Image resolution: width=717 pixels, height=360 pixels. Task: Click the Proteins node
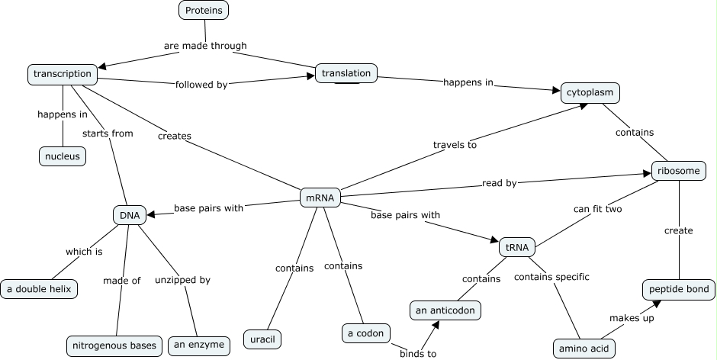click(204, 10)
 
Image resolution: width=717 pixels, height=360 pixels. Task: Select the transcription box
click(63, 74)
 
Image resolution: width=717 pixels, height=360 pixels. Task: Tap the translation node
click(346, 73)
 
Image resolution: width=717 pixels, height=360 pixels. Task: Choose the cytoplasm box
click(590, 93)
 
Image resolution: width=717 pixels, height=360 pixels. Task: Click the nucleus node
click(63, 156)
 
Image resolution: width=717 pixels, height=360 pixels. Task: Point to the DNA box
click(129, 215)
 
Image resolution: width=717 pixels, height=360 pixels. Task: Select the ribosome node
click(678, 171)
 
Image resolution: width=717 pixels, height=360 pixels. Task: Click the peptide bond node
click(678, 289)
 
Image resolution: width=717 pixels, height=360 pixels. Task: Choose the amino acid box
click(584, 348)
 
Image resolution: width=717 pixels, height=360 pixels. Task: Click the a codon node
click(366, 333)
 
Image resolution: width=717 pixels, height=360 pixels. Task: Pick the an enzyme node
click(198, 345)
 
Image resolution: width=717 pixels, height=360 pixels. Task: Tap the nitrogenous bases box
click(114, 346)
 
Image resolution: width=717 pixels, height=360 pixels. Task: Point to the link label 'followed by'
click(201, 85)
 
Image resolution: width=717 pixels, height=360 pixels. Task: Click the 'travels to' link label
click(455, 143)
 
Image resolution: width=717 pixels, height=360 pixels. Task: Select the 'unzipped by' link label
click(182, 280)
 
